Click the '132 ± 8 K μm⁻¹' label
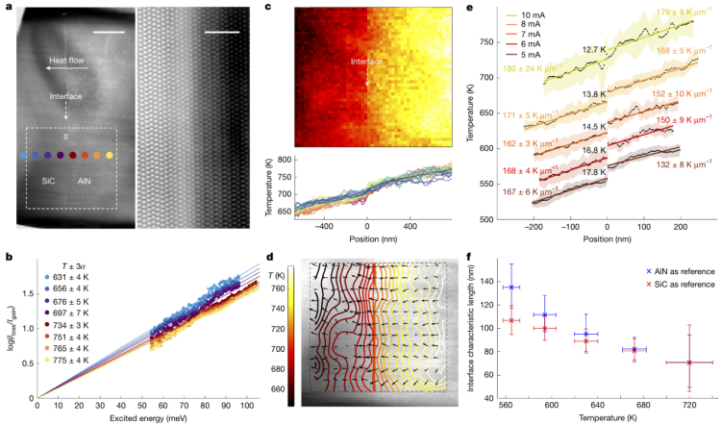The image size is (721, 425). pos(673,164)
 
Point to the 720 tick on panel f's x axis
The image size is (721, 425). pos(689,406)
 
